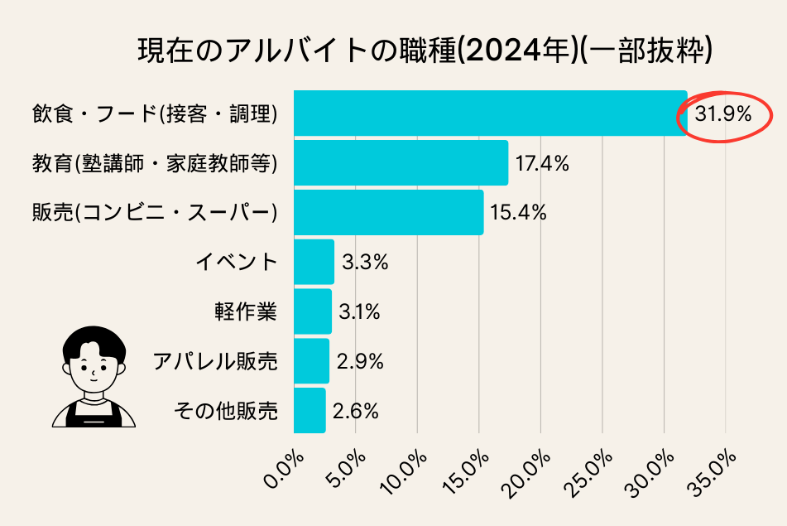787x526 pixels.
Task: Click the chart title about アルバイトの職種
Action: point(425,51)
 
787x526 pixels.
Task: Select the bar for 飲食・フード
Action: point(490,113)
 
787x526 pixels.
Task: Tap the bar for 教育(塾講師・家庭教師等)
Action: point(401,162)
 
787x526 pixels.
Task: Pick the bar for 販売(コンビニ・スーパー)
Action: point(388,212)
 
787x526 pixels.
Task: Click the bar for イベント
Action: point(314,262)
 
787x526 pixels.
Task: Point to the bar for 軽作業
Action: point(313,311)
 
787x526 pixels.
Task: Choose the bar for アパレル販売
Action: point(311,361)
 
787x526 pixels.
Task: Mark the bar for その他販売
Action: point(310,410)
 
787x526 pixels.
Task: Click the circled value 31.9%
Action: point(723,115)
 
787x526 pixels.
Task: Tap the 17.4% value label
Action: point(542,164)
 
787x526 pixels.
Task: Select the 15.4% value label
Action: point(518,213)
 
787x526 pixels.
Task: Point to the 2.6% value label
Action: point(356,411)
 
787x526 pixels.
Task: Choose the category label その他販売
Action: point(225,411)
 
